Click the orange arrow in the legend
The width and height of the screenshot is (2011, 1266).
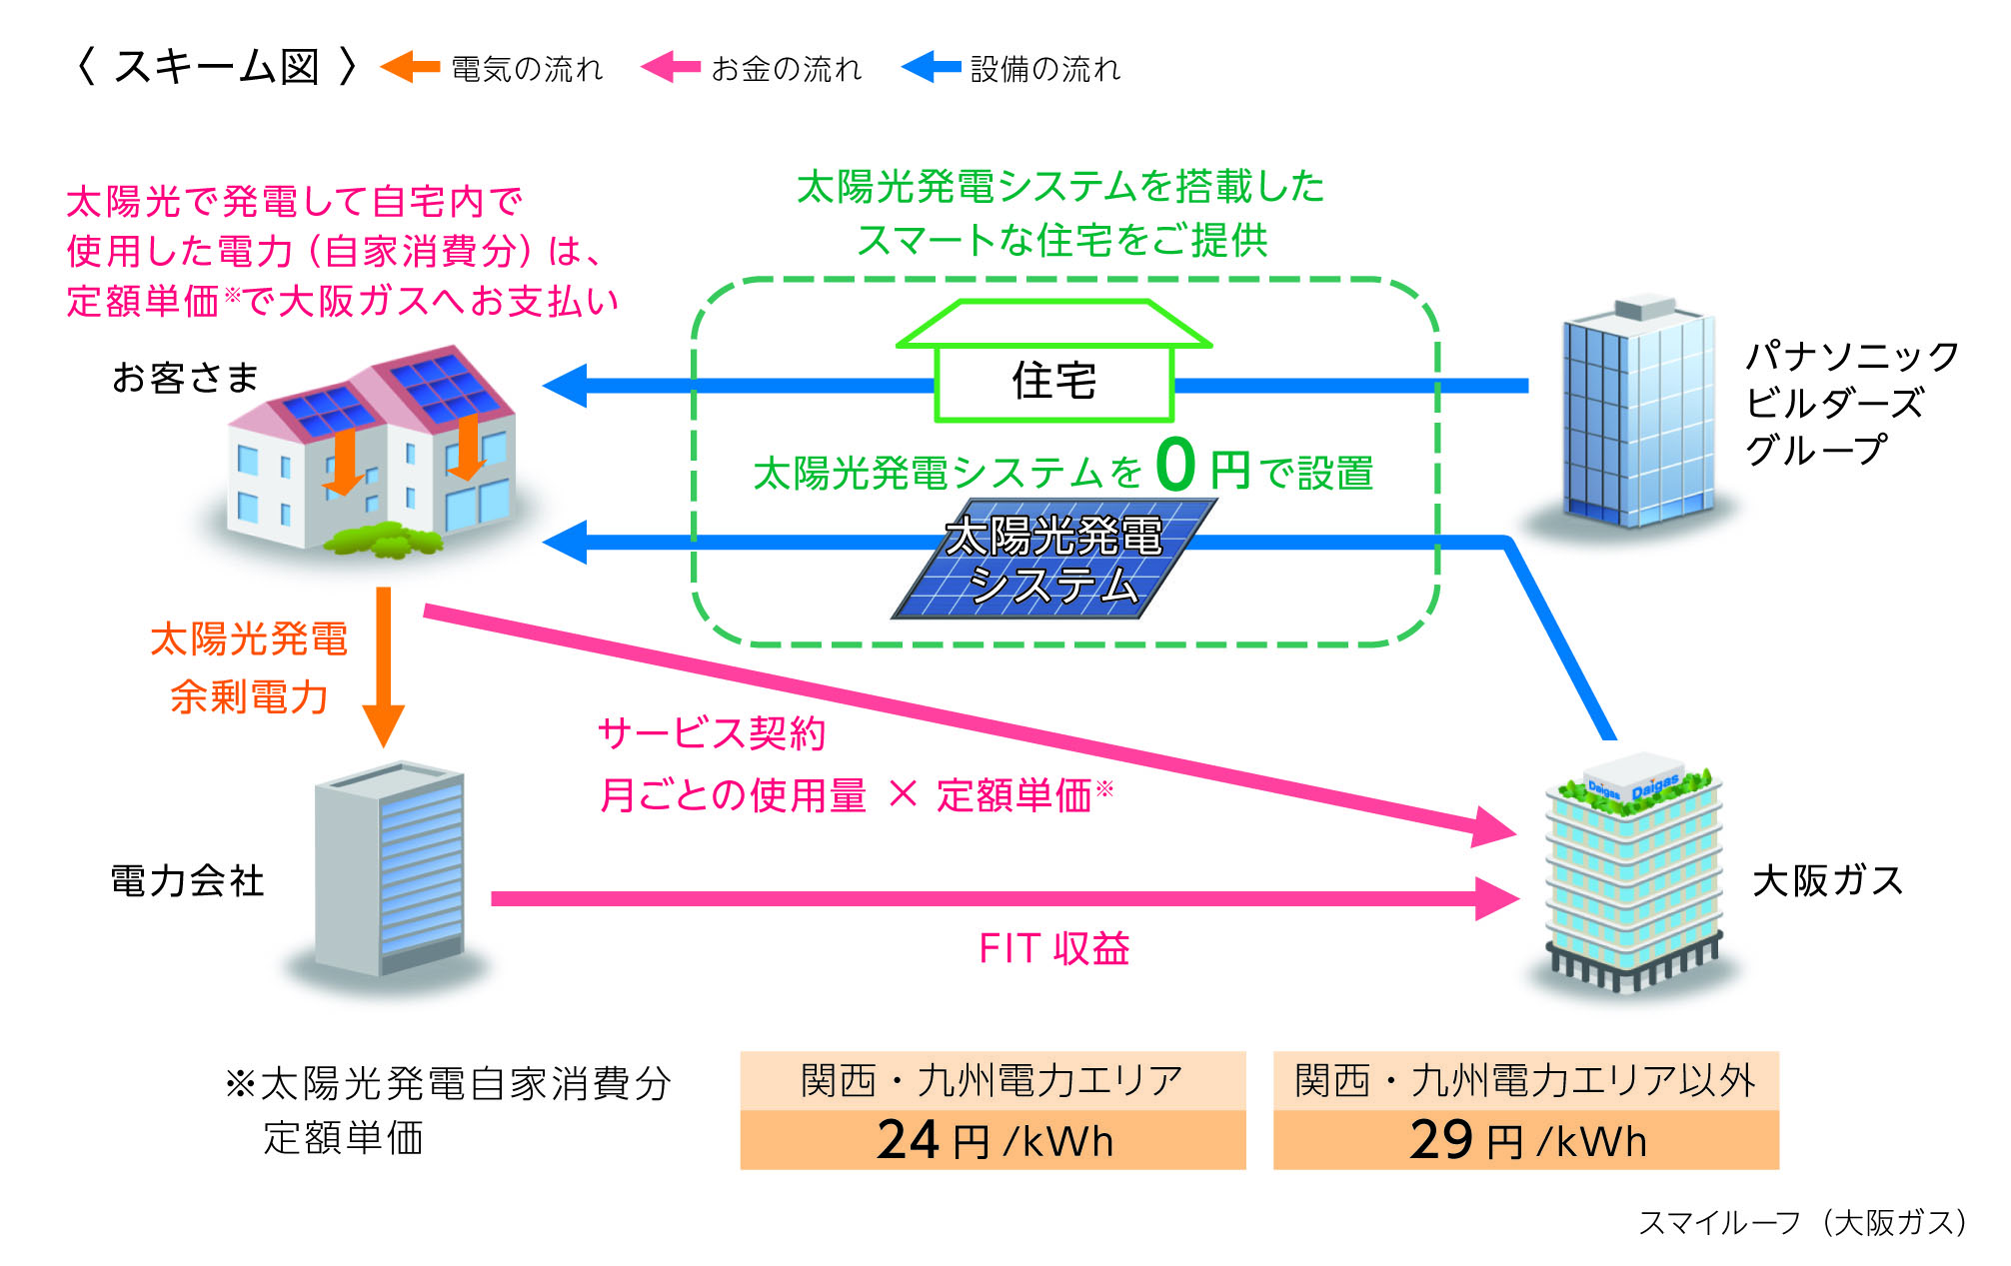411,67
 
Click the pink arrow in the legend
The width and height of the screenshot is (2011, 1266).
671,67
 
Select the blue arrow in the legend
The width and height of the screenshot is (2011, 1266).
932,67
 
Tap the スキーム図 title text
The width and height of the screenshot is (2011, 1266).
216,67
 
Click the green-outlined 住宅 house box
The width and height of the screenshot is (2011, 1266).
1053,381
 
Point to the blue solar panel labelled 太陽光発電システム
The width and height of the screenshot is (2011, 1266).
1053,561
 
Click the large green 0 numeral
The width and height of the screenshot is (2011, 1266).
1175,465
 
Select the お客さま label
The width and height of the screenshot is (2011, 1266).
185,378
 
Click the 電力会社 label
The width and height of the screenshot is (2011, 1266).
187,881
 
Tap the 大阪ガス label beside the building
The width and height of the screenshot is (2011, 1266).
1827,881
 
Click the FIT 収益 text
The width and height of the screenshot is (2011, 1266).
1053,948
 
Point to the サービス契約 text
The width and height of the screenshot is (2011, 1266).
712,734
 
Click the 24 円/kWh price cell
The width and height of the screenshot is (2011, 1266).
993,1140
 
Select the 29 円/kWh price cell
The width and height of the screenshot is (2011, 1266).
1526,1140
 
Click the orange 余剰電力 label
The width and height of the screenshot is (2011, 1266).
249,696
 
